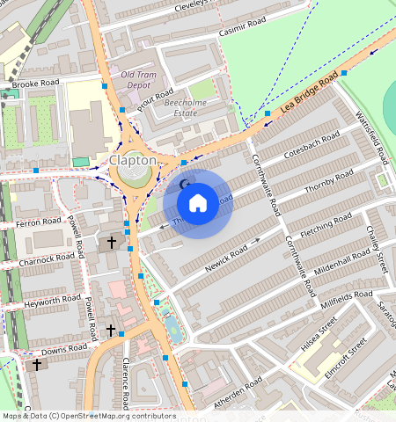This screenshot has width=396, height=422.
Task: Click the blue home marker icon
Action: pyautogui.click(x=198, y=203)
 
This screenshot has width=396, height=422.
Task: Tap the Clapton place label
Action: pyautogui.click(x=133, y=160)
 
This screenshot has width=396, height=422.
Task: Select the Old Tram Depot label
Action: pyautogui.click(x=141, y=79)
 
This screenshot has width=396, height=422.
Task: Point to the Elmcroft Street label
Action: pyautogui.click(x=345, y=358)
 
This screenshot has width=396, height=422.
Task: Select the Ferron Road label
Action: pyautogui.click(x=38, y=222)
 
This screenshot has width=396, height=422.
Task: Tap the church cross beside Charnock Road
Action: pyautogui.click(x=111, y=241)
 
